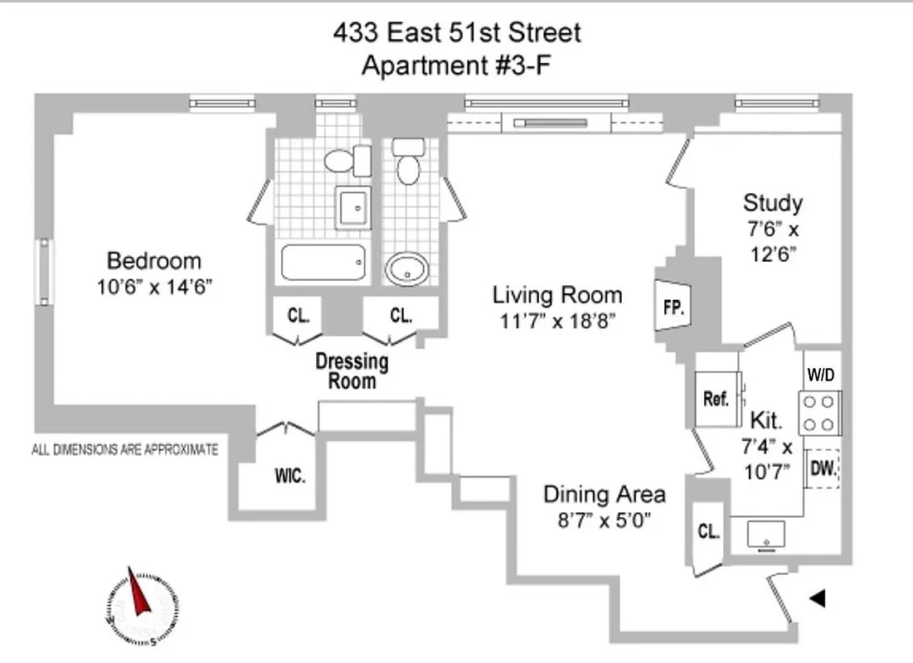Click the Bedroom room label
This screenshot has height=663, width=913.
pyautogui.click(x=154, y=261)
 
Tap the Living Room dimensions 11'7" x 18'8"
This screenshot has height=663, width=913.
pyautogui.click(x=557, y=320)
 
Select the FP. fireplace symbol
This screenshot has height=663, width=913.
pyautogui.click(x=673, y=307)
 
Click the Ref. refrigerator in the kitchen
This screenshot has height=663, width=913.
pyautogui.click(x=715, y=399)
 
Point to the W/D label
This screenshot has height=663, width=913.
pyautogui.click(x=821, y=375)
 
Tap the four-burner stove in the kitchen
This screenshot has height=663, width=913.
pyautogui.click(x=820, y=413)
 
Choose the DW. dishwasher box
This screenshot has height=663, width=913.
pyautogui.click(x=823, y=470)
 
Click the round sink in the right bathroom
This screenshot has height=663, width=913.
pyautogui.click(x=408, y=268)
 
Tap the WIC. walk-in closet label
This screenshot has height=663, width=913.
pyautogui.click(x=290, y=477)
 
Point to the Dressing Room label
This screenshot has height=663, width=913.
pyautogui.click(x=352, y=371)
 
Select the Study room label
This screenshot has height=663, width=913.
pyautogui.click(x=772, y=202)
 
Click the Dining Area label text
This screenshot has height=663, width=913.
pyautogui.click(x=604, y=495)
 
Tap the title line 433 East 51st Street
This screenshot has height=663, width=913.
pyautogui.click(x=457, y=33)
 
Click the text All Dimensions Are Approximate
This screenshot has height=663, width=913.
pyautogui.click(x=124, y=450)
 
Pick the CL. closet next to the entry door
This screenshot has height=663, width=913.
pyautogui.click(x=707, y=532)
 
